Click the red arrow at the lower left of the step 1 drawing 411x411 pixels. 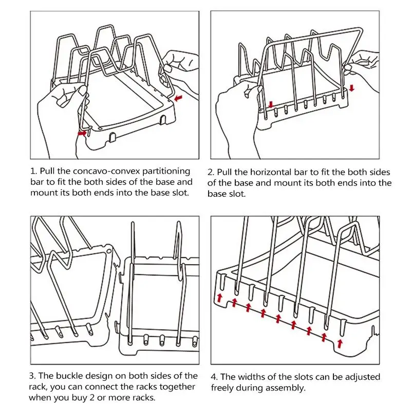(82, 133)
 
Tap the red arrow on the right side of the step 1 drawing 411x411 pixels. (178, 97)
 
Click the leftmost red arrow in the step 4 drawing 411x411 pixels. (219, 297)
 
